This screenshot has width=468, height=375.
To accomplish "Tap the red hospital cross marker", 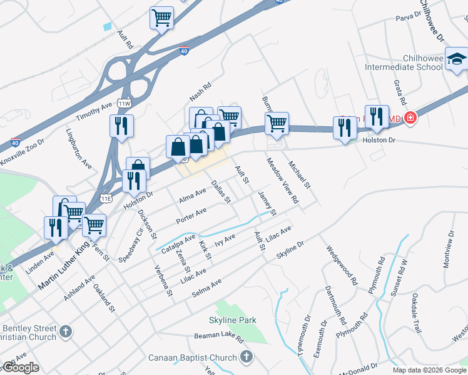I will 410,117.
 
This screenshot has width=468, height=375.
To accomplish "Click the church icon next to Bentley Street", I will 67,329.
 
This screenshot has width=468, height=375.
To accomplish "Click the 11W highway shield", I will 124,103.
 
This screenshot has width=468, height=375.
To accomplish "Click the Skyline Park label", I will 232,320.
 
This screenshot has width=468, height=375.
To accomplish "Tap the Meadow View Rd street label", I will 283,182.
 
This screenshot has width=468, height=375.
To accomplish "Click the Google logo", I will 21,367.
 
